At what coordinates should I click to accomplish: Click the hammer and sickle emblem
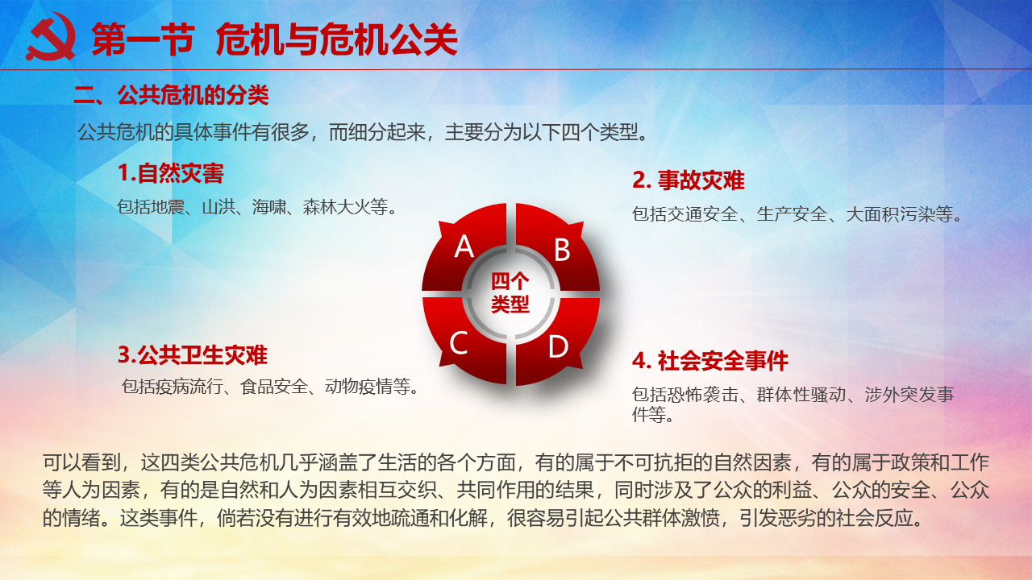click(x=51, y=37)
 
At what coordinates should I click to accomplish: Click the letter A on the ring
click(x=464, y=246)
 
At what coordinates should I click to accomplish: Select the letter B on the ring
click(x=562, y=250)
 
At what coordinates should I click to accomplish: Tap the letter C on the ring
click(x=459, y=343)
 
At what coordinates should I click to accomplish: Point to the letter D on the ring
click(x=559, y=346)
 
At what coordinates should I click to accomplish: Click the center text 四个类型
click(x=510, y=292)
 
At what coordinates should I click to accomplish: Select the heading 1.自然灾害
click(x=170, y=173)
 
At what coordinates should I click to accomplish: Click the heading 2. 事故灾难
click(x=689, y=180)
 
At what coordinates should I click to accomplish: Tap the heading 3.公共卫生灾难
click(x=193, y=355)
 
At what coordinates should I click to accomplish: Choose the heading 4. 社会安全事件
click(x=710, y=361)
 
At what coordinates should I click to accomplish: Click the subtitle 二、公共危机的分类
click(x=171, y=95)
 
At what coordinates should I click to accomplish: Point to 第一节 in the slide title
click(x=144, y=39)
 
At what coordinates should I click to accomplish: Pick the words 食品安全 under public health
click(x=274, y=387)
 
